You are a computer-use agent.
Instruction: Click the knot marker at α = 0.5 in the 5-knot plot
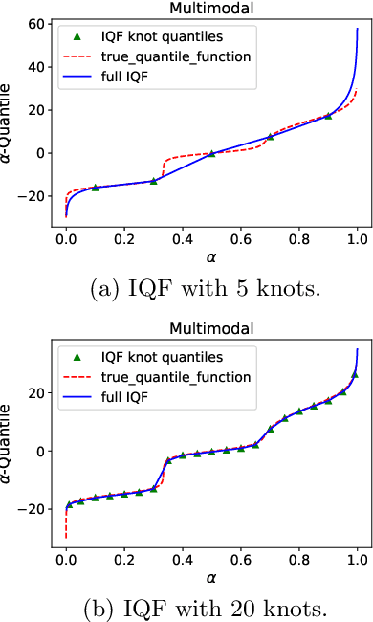pyautogui.click(x=211, y=153)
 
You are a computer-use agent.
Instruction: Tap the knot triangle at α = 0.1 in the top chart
pyautogui.click(x=95, y=187)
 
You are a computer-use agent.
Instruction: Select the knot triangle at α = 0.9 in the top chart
pyautogui.click(x=328, y=115)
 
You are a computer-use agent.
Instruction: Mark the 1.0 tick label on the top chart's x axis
pyautogui.click(x=357, y=237)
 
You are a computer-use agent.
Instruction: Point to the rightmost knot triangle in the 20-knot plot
pyautogui.click(x=355, y=374)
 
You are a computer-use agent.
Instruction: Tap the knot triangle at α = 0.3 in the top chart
pyautogui.click(x=153, y=180)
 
